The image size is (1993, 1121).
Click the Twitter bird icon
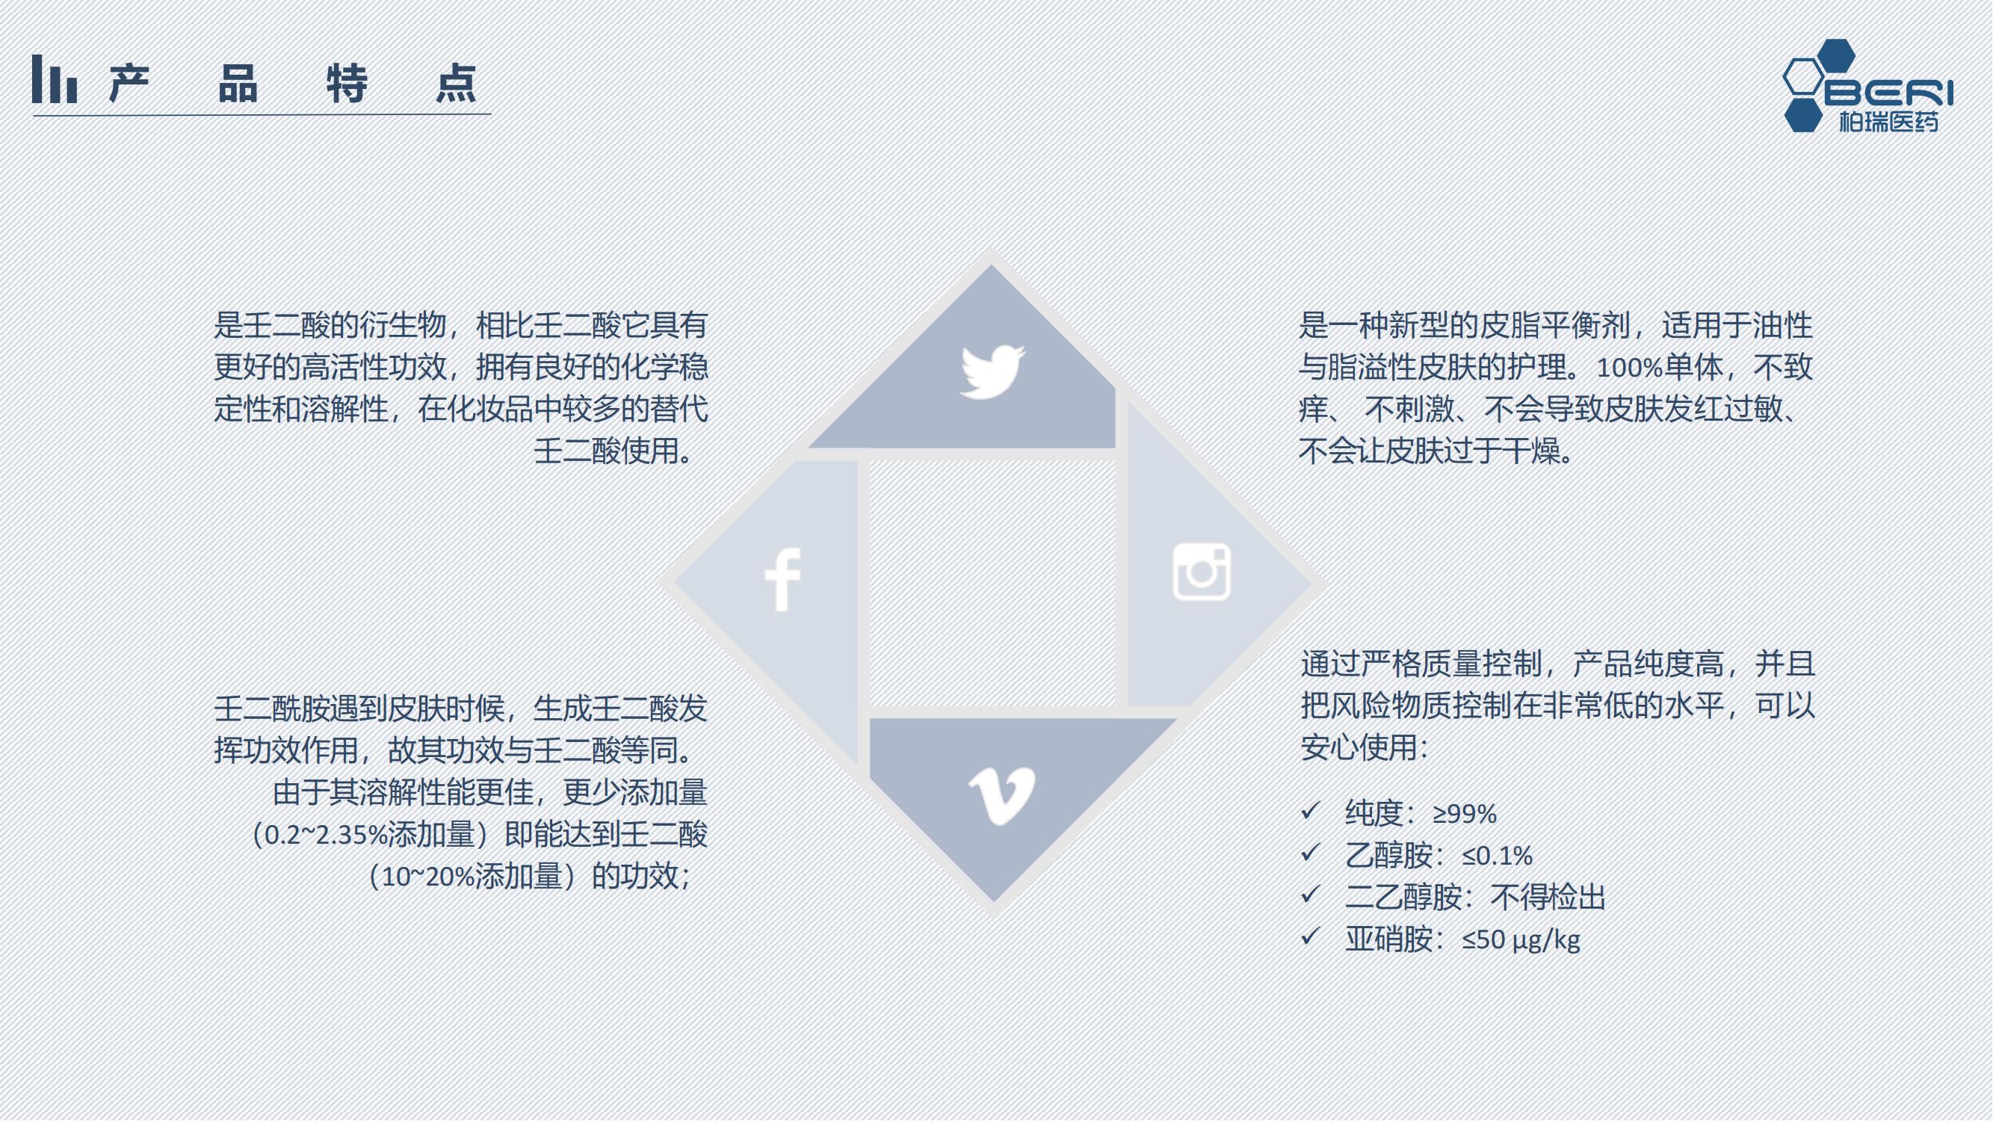tap(992, 371)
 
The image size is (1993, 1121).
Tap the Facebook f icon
tap(782, 579)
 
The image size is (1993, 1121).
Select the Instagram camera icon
tap(1202, 572)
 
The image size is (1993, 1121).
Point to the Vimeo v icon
tap(1002, 796)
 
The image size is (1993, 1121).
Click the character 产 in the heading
tap(129, 84)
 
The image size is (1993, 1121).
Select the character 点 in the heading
tap(456, 84)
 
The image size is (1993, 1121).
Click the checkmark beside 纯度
tap(1310, 811)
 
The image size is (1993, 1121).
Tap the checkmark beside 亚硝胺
tap(1310, 937)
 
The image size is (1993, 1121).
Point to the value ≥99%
tap(1465, 814)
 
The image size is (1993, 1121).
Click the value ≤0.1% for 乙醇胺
tap(1497, 856)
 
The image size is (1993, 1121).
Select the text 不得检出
tap(1548, 898)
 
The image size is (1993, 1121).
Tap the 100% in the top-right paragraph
tap(1629, 368)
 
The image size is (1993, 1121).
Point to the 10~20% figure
tap(429, 877)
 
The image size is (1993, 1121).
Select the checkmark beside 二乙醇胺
tap(1310, 895)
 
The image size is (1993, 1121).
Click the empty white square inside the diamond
tap(992, 584)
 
